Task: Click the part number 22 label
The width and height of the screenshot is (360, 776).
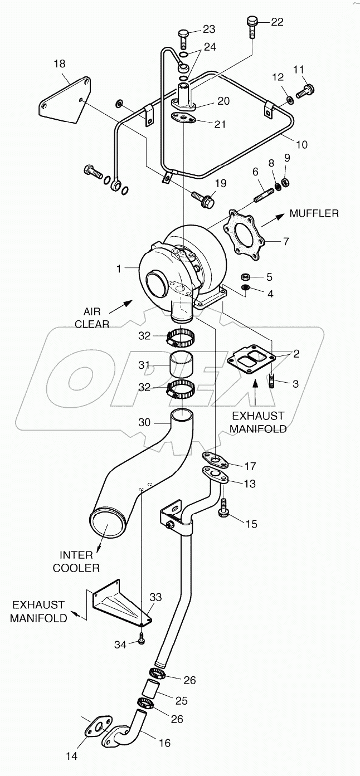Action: [277, 22]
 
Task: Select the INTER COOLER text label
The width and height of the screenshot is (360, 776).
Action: [81, 561]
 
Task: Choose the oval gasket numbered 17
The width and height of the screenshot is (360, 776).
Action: [213, 458]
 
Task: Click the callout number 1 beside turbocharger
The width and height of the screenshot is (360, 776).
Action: [118, 269]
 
